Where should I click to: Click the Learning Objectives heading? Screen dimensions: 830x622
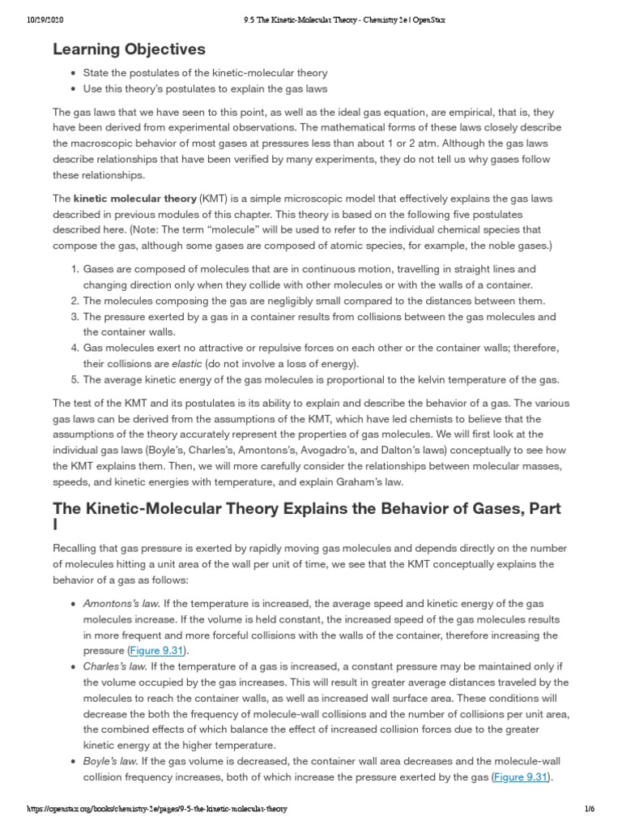[x=129, y=49]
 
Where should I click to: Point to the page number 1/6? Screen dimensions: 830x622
[x=590, y=809]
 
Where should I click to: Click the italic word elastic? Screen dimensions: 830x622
[x=186, y=363]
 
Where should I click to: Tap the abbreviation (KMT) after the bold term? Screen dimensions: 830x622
[x=210, y=198]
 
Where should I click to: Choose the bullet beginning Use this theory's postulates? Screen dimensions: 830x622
[x=205, y=88]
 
